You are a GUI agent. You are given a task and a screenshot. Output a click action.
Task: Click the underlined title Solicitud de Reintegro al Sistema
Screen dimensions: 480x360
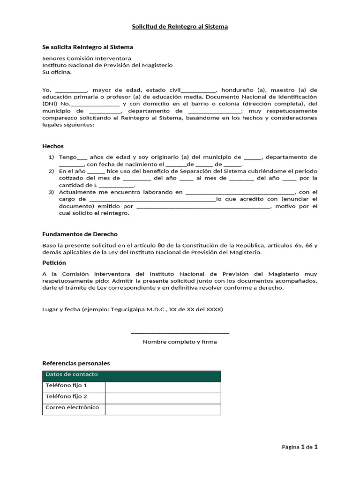tap(180, 27)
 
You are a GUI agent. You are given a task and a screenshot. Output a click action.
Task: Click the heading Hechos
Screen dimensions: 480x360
tap(52, 146)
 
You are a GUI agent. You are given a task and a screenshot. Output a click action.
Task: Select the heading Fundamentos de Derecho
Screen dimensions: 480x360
tap(80, 234)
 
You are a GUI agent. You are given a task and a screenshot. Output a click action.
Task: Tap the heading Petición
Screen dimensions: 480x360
tap(54, 262)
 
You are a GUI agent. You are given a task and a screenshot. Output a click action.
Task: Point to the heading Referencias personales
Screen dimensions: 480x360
tap(76, 363)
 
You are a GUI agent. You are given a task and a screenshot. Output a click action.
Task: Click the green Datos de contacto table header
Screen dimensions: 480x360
tap(131, 375)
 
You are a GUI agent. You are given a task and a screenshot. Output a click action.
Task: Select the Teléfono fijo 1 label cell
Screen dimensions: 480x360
tap(74, 387)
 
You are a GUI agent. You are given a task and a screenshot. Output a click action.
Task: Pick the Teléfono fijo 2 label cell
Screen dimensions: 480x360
tap(74, 398)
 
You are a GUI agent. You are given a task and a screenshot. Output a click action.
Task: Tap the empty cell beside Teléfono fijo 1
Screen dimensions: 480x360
tap(163, 387)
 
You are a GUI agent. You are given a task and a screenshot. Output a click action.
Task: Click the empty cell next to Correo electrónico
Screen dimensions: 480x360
tap(163, 409)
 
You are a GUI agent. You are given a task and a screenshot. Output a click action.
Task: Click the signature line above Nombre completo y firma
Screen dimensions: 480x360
tap(180, 333)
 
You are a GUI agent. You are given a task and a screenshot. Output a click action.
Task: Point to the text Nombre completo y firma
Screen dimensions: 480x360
tap(180, 342)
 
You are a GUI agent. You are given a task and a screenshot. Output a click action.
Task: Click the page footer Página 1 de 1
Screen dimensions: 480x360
tap(300, 447)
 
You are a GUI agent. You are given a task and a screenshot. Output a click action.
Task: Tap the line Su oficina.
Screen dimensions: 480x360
tap(57, 72)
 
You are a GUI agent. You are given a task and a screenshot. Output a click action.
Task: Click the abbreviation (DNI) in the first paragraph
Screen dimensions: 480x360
tap(50, 104)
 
